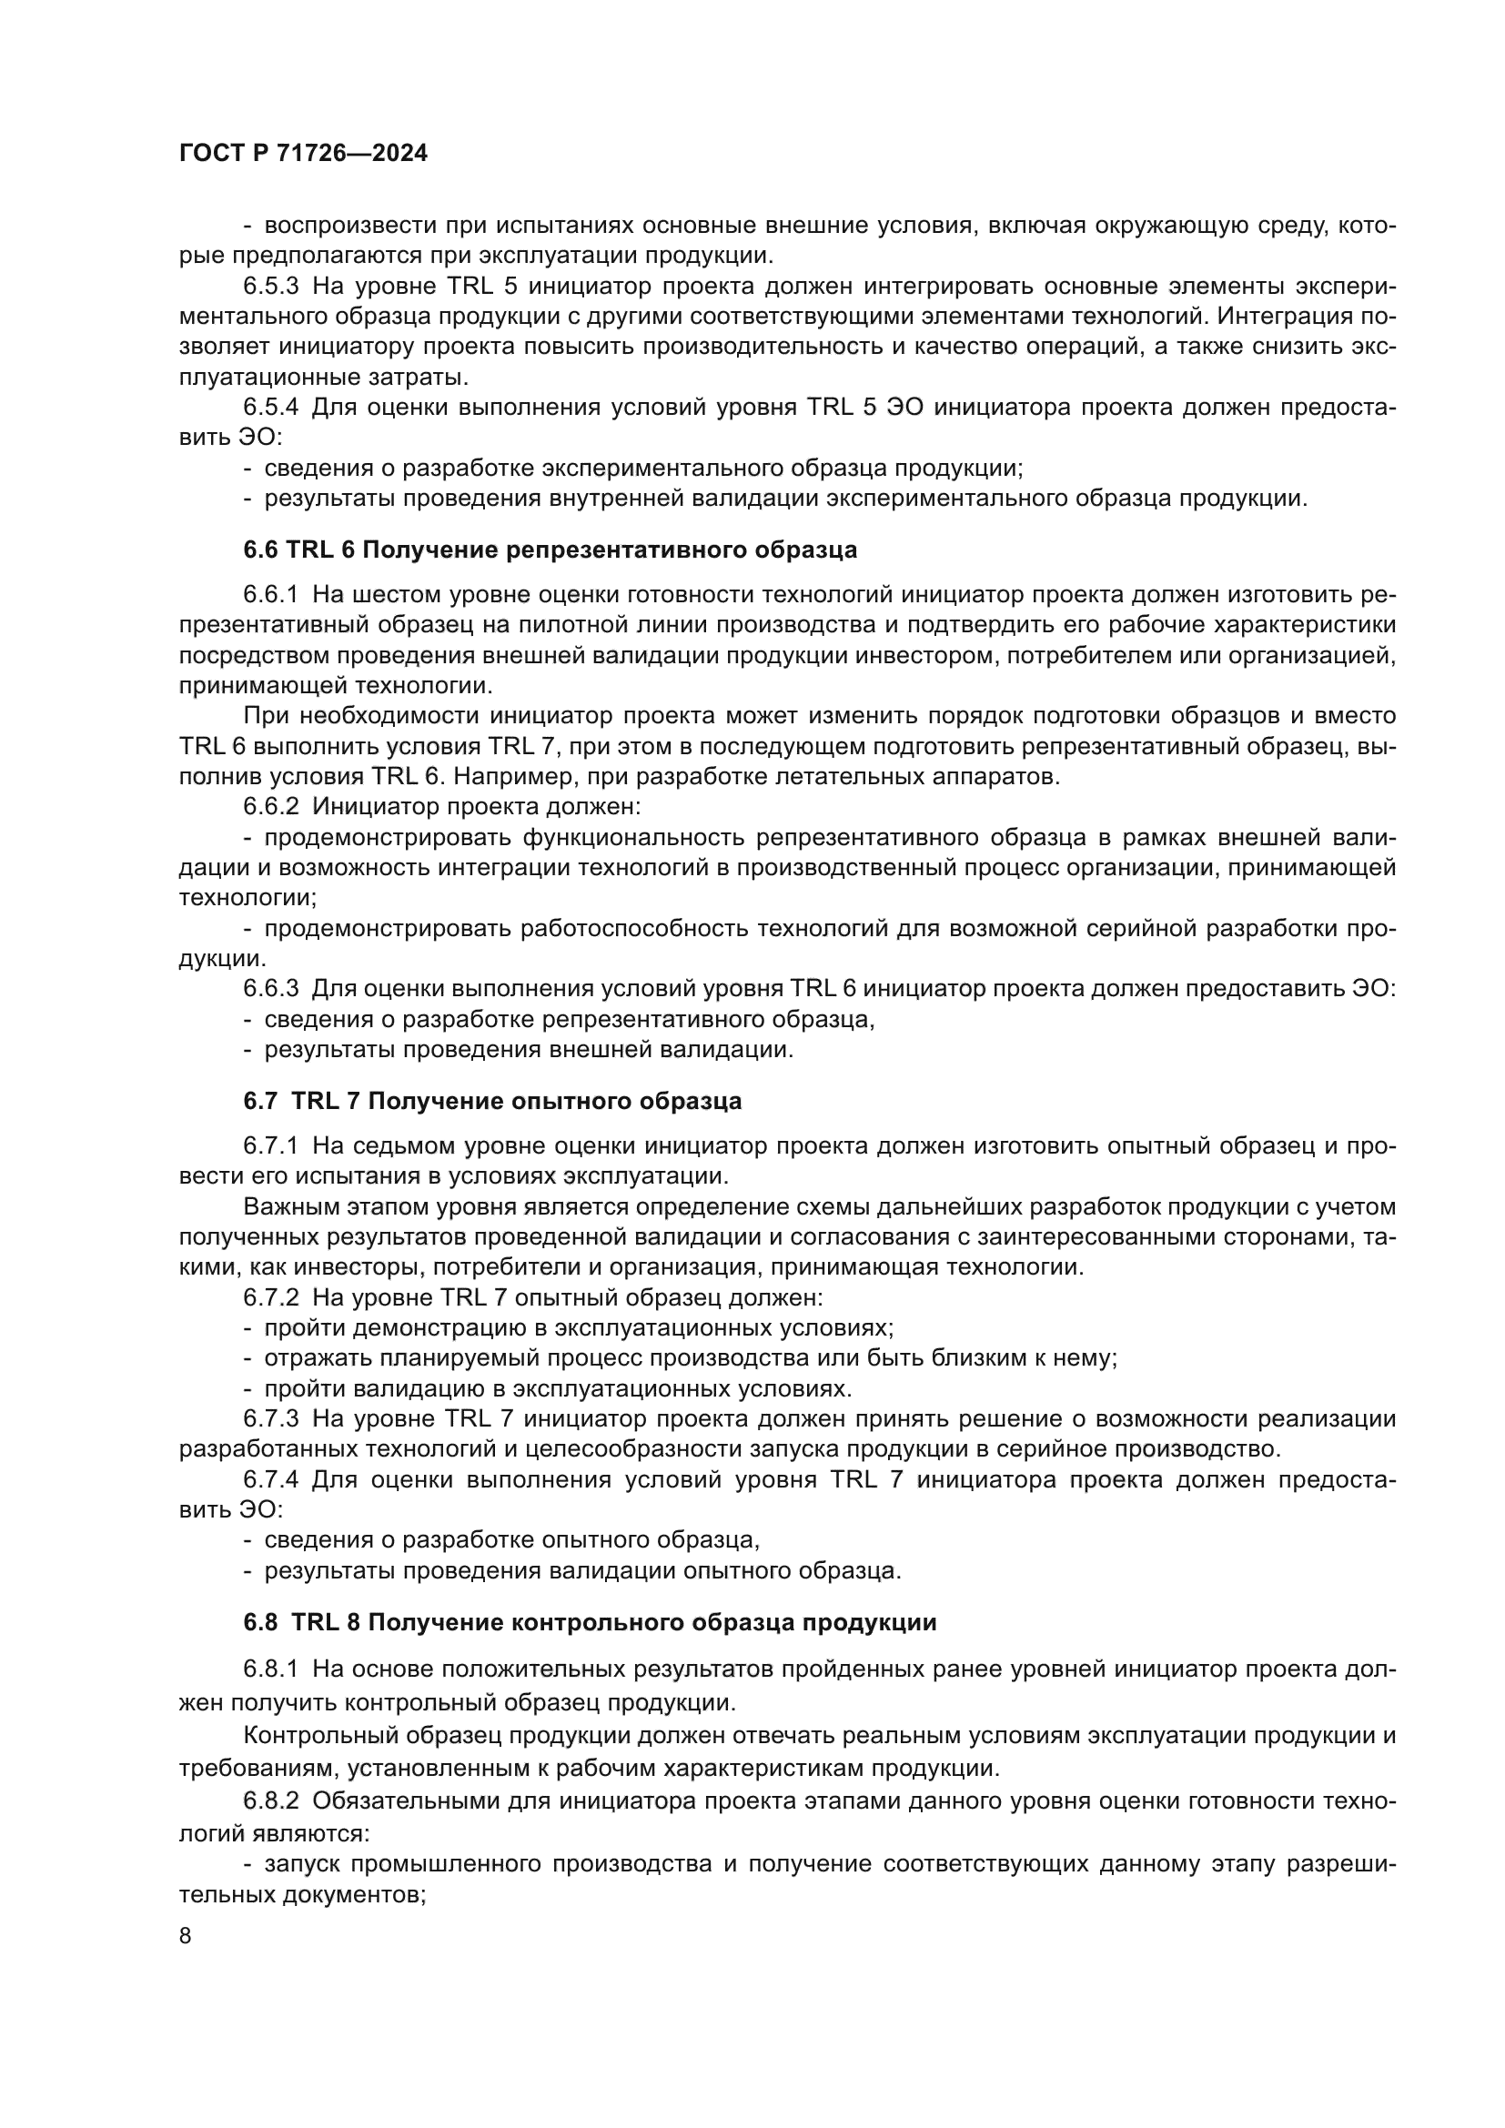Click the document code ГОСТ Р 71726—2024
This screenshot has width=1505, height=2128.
coord(303,154)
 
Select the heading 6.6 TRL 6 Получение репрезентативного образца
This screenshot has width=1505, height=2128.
coord(550,550)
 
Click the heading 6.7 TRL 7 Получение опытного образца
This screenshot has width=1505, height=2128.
coord(493,1101)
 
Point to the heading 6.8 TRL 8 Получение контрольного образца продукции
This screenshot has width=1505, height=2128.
coord(591,1622)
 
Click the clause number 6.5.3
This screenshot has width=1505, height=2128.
coord(270,286)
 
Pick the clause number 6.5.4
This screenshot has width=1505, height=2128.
coord(270,407)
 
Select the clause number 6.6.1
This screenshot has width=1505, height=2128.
coord(270,594)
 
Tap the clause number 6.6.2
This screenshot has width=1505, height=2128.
coord(270,806)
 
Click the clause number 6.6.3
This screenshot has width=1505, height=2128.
coord(270,989)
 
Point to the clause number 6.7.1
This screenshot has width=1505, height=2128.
coord(270,1146)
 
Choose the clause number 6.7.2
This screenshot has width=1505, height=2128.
coord(270,1296)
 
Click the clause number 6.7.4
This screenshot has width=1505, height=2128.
coord(270,1479)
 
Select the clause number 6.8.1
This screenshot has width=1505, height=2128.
coord(270,1669)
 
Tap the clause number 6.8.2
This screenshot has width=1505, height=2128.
coord(270,1800)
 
